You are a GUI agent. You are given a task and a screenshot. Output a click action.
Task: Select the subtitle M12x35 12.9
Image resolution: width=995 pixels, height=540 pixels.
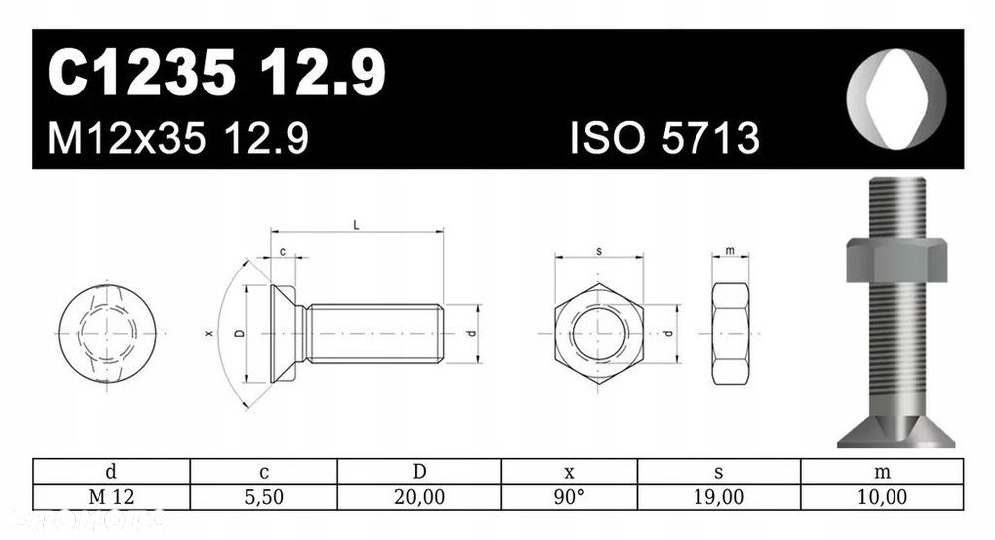[178, 138]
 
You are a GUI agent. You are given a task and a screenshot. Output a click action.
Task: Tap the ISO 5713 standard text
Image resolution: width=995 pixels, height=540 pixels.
[665, 138]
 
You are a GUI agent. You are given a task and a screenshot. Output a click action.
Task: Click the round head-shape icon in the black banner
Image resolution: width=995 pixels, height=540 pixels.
[896, 98]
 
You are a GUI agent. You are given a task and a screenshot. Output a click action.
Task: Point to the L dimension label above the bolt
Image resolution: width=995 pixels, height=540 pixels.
[356, 225]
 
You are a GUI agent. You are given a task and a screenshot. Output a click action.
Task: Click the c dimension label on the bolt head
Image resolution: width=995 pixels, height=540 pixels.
[283, 252]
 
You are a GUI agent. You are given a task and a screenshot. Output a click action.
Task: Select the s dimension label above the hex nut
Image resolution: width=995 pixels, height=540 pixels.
[599, 251]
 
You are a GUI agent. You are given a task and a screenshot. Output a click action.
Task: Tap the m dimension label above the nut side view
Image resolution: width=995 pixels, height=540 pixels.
[730, 250]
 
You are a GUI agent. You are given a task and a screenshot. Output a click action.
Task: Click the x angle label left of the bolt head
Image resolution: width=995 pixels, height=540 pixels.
[209, 333]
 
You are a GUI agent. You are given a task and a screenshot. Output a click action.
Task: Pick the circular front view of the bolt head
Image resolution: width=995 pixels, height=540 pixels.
[107, 334]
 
